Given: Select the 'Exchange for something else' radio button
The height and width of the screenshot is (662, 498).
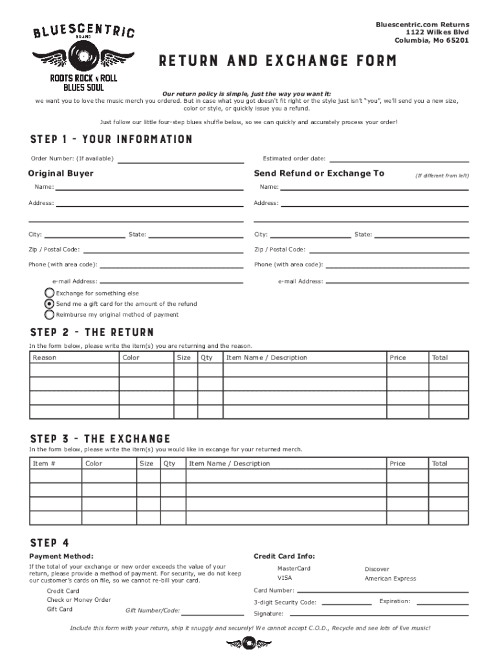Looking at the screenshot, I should pyautogui.click(x=49, y=294).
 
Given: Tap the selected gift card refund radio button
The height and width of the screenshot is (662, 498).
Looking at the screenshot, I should pyautogui.click(x=49, y=304).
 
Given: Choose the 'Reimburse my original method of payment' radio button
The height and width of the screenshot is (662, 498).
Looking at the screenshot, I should pyautogui.click(x=49, y=315).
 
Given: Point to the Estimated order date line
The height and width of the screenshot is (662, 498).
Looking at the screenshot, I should pyautogui.click(x=399, y=160).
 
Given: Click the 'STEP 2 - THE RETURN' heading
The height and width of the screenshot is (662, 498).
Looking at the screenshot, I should pyautogui.click(x=92, y=332).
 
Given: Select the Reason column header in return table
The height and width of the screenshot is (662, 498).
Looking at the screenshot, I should pyautogui.click(x=45, y=358).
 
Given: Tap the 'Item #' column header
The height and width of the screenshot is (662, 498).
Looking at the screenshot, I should pyautogui.click(x=44, y=464).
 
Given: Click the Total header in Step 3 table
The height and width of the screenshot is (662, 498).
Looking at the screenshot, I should pyautogui.click(x=440, y=464).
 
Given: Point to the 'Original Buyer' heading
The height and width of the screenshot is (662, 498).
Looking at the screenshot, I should pyautogui.click(x=61, y=173).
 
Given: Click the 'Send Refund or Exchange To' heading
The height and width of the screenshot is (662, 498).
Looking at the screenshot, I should pyautogui.click(x=319, y=173).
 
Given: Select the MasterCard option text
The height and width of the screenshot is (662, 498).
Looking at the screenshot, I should pyautogui.click(x=294, y=568).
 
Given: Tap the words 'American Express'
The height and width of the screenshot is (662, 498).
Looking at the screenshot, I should pyautogui.click(x=390, y=579).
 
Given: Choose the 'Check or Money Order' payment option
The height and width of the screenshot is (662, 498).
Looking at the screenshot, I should pyautogui.click(x=79, y=600).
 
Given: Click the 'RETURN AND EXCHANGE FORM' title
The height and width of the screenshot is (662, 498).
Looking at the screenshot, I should pyautogui.click(x=278, y=61).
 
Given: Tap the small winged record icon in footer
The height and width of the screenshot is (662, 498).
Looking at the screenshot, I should pyautogui.click(x=249, y=644).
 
